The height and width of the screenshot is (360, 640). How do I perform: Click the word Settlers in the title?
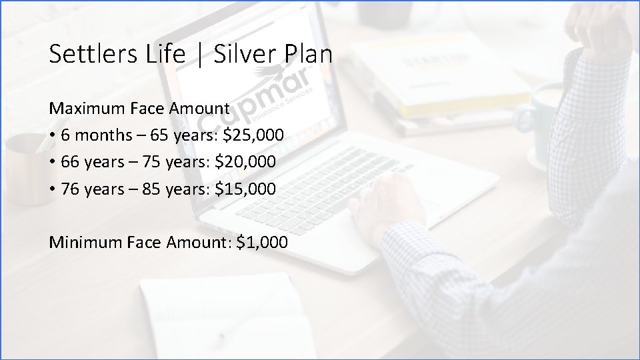coord(85,55)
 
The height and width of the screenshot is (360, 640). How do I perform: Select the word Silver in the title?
coord(243,55)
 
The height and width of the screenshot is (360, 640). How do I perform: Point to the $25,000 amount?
coord(253,135)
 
